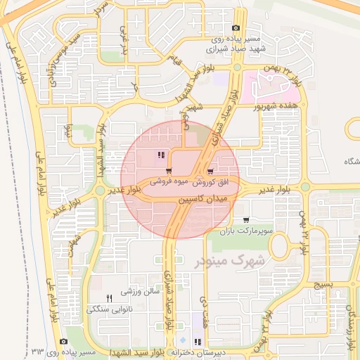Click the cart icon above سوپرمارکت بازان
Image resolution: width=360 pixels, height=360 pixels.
[x=245, y=220]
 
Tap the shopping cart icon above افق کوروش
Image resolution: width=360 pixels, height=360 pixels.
[x=210, y=172]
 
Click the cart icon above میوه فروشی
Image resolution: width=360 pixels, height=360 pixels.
[x=169, y=172]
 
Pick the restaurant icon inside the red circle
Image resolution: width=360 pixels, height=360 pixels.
[x=162, y=155]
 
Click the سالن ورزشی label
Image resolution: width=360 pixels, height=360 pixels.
[x=137, y=292]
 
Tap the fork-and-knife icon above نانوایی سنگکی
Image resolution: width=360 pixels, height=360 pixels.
[x=108, y=298]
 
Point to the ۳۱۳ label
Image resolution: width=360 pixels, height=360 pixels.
[x=39, y=350]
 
